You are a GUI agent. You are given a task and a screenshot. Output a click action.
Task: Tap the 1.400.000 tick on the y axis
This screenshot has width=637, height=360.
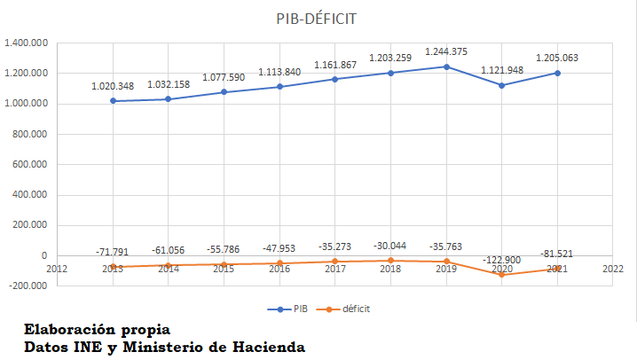point(26,43)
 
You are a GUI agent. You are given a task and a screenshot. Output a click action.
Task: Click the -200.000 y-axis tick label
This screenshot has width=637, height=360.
point(28,286)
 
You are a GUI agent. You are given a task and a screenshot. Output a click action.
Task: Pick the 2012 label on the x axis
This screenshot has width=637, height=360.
point(57,268)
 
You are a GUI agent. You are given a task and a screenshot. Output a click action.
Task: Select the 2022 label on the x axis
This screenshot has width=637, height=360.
point(611,268)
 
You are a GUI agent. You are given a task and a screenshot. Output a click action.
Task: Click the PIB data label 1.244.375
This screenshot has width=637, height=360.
point(446,52)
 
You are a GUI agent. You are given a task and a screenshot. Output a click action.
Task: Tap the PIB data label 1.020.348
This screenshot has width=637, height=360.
point(113,87)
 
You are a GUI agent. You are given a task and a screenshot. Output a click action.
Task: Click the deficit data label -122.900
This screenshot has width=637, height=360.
point(502,260)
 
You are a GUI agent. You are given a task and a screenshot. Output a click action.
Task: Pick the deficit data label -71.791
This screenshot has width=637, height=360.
point(113,252)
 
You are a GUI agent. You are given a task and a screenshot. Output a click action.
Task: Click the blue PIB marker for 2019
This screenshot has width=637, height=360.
point(446,67)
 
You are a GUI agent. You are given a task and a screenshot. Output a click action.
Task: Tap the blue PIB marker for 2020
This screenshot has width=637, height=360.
point(502,85)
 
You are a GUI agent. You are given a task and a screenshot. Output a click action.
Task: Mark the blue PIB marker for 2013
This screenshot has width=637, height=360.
point(113,101)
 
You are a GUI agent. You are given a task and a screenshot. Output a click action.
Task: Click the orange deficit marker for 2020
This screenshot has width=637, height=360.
point(502,274)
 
